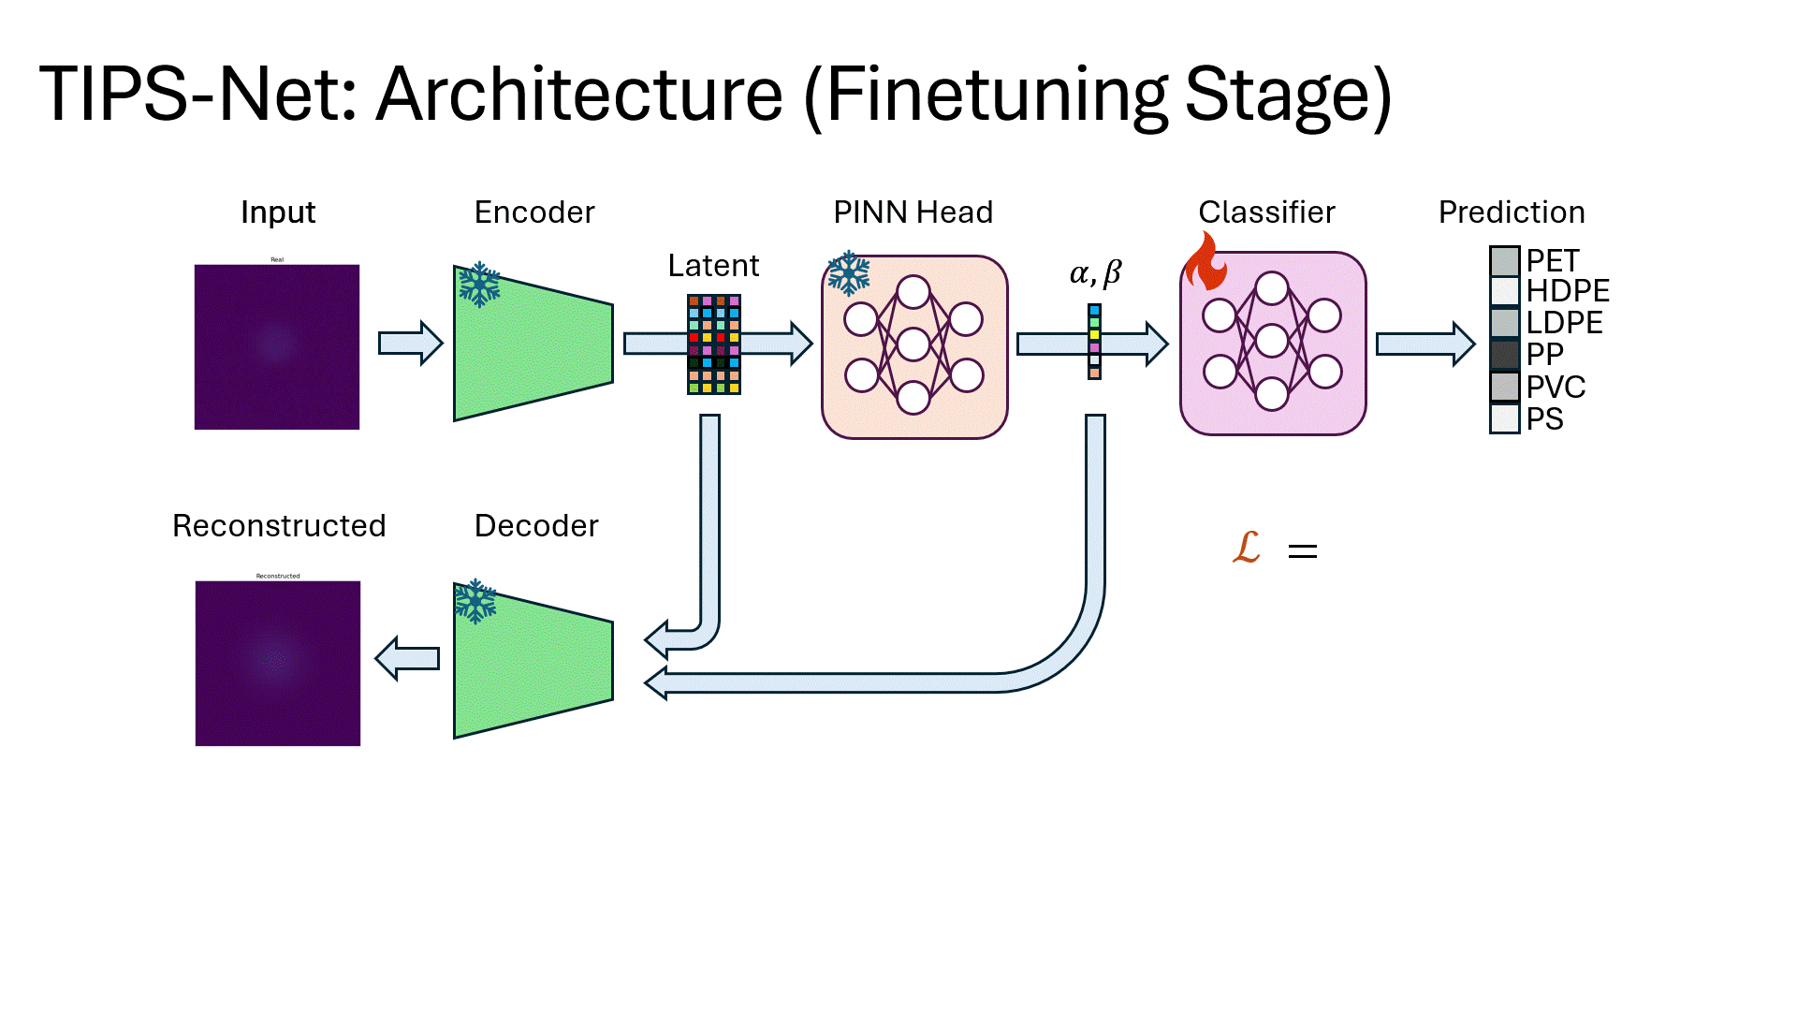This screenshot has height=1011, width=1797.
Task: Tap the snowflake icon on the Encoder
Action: [479, 285]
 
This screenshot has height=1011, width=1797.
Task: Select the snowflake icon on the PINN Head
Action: [849, 273]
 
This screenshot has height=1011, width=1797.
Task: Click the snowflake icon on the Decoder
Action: [475, 601]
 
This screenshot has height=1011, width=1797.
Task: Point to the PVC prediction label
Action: [1556, 387]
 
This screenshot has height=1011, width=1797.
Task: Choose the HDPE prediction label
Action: [1568, 290]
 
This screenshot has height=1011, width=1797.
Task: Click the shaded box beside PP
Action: [1504, 355]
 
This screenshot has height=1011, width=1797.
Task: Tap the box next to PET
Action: [1504, 260]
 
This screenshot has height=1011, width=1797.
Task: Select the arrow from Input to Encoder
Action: [410, 344]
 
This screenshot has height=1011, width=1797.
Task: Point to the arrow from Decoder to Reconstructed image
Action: [407, 658]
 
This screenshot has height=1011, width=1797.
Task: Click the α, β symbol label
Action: [1095, 273]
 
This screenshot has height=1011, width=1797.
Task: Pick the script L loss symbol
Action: [1247, 547]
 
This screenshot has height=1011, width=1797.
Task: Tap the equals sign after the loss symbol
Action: [1303, 551]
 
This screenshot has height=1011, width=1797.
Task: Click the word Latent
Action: [713, 266]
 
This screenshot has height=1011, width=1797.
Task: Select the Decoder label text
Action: [536, 526]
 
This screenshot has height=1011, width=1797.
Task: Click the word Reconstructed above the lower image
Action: [279, 526]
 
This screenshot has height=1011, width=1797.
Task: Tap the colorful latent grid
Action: [714, 344]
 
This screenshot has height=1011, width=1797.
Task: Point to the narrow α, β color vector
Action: [1094, 342]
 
